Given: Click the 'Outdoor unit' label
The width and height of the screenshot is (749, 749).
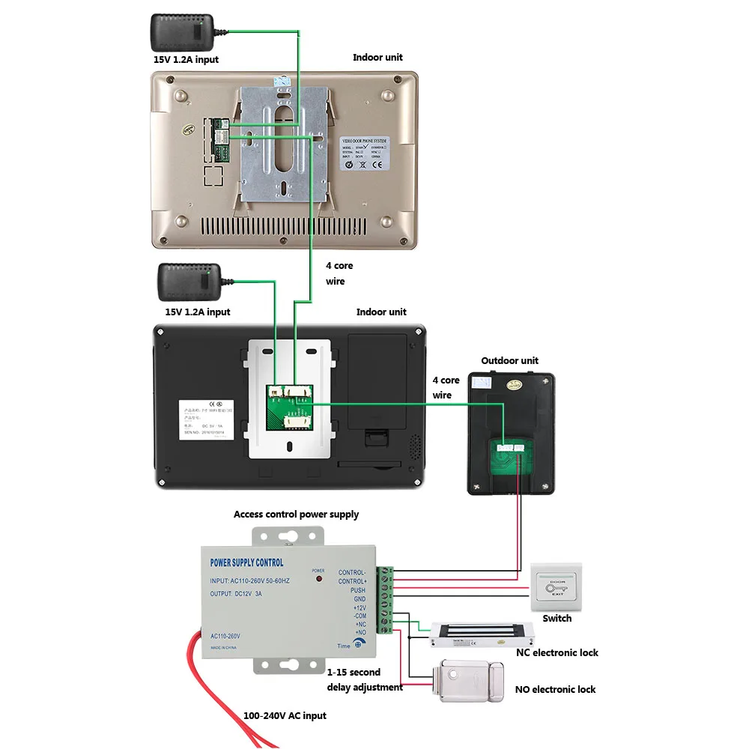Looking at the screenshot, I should [x=509, y=360].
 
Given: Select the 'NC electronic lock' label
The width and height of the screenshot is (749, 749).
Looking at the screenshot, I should [x=557, y=652].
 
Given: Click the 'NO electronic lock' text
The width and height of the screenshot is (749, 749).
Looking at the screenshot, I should [x=555, y=689].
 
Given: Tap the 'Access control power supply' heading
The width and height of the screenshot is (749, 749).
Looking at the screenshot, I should [x=296, y=515].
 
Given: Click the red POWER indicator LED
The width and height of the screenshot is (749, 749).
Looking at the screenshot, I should [x=318, y=580].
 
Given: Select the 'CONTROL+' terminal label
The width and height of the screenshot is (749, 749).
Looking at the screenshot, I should [x=352, y=581].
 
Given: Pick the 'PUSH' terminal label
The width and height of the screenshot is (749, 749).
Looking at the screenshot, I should [x=357, y=590].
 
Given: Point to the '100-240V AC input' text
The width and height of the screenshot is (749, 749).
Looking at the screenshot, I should [x=285, y=715].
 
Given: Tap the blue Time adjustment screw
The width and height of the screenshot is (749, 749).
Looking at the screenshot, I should [x=359, y=644].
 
